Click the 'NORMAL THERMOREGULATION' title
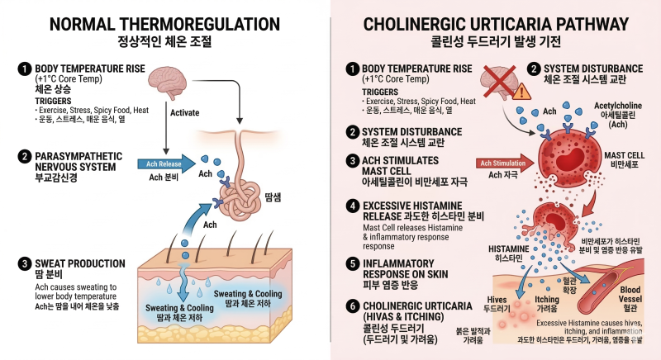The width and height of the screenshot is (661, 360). (x=164, y=24)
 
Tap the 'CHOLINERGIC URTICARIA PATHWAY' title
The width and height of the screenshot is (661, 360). (x=496, y=24)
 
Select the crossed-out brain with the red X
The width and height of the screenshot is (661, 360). (x=500, y=82)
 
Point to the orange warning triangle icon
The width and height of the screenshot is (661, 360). (x=522, y=92)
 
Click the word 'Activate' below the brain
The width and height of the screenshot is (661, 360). (x=184, y=113)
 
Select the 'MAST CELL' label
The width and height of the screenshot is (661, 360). (x=625, y=155)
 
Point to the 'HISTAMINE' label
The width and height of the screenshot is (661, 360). (x=508, y=249)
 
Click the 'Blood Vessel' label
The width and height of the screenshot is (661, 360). (x=630, y=294)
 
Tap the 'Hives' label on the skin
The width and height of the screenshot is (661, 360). (x=497, y=300)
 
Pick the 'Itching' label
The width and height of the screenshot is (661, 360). (x=547, y=300)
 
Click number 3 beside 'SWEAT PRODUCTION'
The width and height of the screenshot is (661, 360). (x=25, y=264)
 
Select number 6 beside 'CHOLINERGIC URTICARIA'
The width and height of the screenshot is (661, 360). (x=353, y=306)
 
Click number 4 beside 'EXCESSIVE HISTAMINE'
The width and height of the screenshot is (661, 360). (x=353, y=206)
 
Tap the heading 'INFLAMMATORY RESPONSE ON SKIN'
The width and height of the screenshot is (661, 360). (x=405, y=268)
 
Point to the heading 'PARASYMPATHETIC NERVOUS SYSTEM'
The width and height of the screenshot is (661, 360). (x=78, y=162)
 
